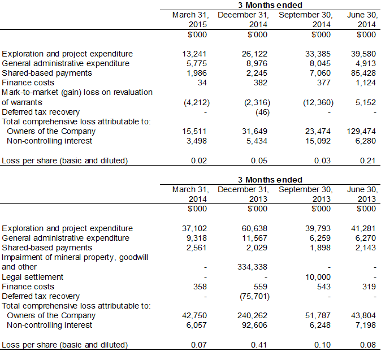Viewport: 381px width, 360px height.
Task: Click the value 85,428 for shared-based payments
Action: coord(362,73)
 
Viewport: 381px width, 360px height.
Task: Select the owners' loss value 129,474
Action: coord(360,131)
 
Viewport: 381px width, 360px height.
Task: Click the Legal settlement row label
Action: coord(33,277)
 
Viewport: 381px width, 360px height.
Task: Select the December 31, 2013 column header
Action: coord(243,194)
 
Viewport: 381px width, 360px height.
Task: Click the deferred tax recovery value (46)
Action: coord(261,112)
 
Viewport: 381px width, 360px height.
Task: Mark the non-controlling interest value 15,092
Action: coord(319,141)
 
